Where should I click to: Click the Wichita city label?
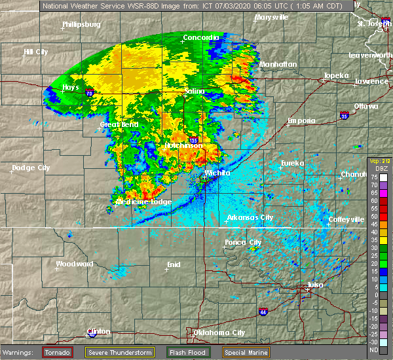[x=217, y=173]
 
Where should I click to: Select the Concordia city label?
[x=200, y=37]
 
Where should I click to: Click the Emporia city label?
[x=301, y=120]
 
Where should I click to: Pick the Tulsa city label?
[x=315, y=285]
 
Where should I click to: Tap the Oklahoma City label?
[x=219, y=333]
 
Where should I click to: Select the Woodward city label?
[x=75, y=264]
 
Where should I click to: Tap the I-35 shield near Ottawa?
[x=345, y=116]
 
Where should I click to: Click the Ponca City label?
[x=243, y=242]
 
